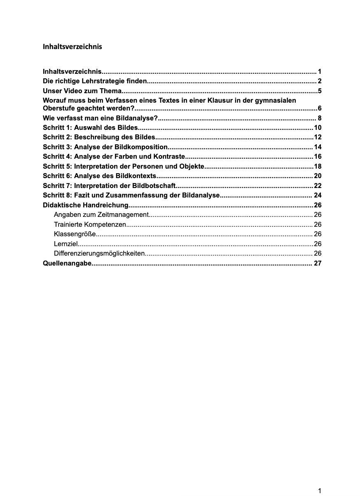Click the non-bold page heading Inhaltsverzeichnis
tap(72, 47)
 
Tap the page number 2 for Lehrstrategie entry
tap(319, 81)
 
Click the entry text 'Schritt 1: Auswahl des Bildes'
tap(90, 127)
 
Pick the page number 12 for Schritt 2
tap(318, 137)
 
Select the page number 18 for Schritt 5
tap(318, 167)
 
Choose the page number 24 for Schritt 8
tap(318, 195)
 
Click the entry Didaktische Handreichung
tap(86, 205)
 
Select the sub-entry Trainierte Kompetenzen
tap(90, 225)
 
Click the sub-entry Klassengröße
tap(75, 234)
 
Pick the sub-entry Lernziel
tap(65, 244)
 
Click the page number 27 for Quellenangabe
tap(318, 263)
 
